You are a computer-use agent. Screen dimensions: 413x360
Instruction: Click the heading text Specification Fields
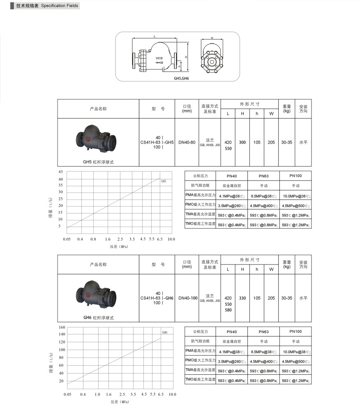pos(59,6)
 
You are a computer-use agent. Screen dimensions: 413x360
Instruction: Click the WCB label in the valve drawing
pos(159,58)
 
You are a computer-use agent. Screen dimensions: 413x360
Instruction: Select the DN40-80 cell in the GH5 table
pos(187,142)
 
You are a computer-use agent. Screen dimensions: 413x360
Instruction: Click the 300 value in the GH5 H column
pos(242,142)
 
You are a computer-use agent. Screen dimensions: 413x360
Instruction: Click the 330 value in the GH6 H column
pos(242,298)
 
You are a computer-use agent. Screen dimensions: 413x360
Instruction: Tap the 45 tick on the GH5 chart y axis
pos(60,172)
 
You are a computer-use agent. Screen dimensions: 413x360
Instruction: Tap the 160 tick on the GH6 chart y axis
pos(62,327)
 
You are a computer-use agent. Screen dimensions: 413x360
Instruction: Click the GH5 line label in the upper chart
pos(163,181)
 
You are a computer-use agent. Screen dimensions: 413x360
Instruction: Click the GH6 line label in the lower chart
pos(164,332)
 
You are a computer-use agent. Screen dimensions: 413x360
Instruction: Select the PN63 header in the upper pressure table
pos(263,176)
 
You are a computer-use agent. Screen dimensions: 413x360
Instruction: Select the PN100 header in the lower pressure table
pos(295,331)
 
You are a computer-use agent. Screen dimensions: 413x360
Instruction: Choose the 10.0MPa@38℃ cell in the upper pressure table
pos(296,197)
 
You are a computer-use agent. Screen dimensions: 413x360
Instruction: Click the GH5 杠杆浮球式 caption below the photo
pos(98,162)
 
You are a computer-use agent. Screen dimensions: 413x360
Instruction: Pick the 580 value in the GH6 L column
pos(228,310)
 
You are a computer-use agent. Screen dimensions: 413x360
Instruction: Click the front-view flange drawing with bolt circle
pos(212,60)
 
